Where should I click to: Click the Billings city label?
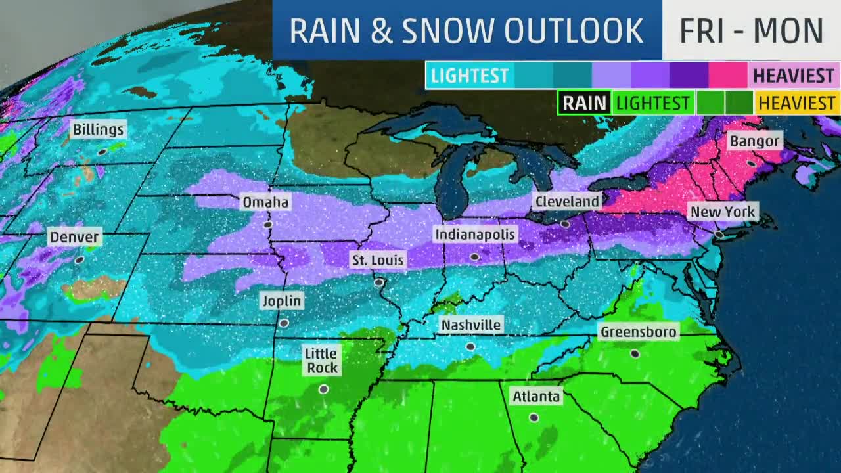pos(98,129)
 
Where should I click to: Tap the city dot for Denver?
pos(80,260)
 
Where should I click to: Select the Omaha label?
pos(265,202)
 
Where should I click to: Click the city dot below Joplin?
pos(284,323)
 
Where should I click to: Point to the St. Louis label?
pos(378,260)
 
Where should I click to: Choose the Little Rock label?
pos(322,361)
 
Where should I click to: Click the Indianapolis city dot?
pos(474,258)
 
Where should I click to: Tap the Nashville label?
pos(471,325)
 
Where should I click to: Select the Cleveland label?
pos(566,201)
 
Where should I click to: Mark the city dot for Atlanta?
pos(534,417)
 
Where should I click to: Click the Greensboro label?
pos(638,332)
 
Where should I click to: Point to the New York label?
pos(722,212)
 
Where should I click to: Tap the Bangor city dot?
pos(752,163)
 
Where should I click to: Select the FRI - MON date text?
pos(751,31)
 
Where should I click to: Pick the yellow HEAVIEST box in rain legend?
pos(797,103)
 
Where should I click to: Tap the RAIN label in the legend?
pos(584,103)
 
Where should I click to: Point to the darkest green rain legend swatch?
pos(740,103)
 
